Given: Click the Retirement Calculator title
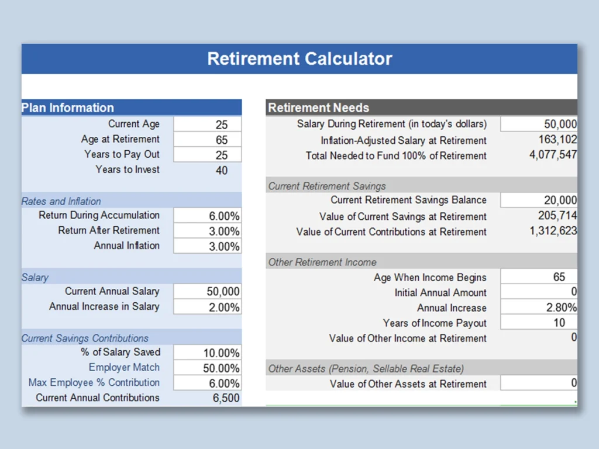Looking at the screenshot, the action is tap(299, 59).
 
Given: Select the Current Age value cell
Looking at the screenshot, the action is tap(208, 124).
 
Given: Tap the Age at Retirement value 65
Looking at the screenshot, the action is tap(222, 140).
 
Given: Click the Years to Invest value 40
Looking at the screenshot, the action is tap(222, 170).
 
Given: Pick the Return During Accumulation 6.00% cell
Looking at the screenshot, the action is tap(208, 216).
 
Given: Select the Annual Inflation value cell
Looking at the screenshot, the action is tap(208, 246).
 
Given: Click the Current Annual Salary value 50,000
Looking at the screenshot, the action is tap(223, 292).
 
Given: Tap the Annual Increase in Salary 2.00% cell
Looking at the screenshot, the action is tap(208, 307).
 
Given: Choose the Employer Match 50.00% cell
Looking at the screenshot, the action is tap(208, 368).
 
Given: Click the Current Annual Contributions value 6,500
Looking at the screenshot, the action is tap(226, 398).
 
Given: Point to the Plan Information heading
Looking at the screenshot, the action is tap(68, 108).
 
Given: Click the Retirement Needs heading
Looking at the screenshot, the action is tap(319, 108).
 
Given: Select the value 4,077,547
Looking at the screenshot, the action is tap(553, 154).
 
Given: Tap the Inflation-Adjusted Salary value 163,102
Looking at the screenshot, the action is tap(557, 139).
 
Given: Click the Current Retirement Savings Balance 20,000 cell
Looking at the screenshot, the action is tap(539, 200).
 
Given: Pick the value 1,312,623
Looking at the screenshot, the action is tap(553, 230).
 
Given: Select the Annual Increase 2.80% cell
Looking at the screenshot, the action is tap(539, 308).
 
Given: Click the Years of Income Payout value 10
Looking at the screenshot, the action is tap(559, 323).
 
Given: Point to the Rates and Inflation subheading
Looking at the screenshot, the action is tap(61, 201).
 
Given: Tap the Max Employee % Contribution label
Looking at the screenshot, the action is tap(94, 382).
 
